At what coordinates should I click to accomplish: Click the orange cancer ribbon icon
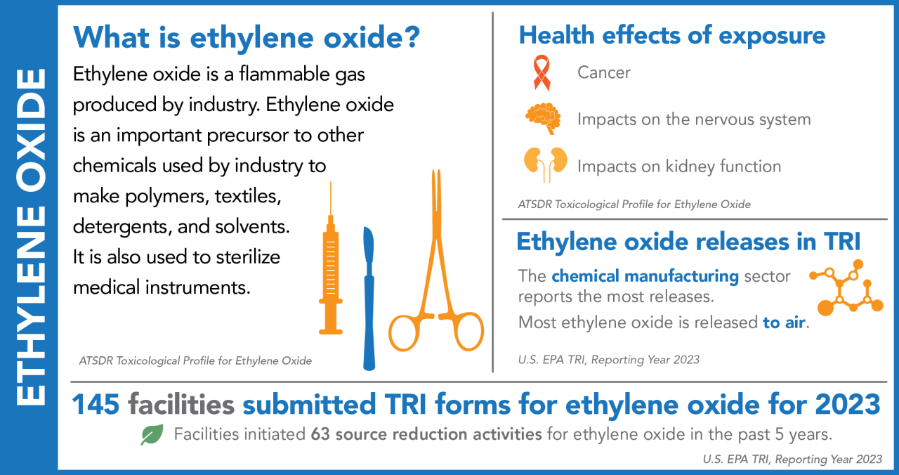[542, 73]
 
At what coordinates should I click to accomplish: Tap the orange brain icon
[543, 118]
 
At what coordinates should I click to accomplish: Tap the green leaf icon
[151, 435]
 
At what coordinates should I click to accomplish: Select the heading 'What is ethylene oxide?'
[247, 37]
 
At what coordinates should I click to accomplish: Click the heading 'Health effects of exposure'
[671, 35]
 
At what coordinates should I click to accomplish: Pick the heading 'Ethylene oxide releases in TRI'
[688, 241]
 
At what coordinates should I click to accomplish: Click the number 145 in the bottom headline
[96, 405]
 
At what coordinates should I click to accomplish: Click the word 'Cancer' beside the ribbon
[603, 72]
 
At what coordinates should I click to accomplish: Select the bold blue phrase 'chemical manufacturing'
[645, 276]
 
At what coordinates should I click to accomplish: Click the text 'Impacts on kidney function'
[678, 167]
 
